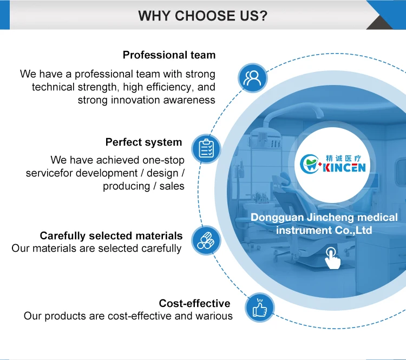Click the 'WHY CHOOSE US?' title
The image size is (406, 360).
[x=202, y=15]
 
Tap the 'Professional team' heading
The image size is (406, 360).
[x=169, y=55]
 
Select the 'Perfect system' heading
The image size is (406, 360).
[x=143, y=142]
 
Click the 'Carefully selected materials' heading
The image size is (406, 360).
[x=111, y=235]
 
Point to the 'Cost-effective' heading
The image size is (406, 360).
[x=194, y=303]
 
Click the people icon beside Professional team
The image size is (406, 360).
[x=252, y=78]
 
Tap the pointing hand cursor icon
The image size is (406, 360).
[x=332, y=258]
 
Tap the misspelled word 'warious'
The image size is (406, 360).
[x=214, y=316]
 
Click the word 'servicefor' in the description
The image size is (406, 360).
[x=49, y=173]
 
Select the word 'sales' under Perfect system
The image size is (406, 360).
[x=172, y=186]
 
